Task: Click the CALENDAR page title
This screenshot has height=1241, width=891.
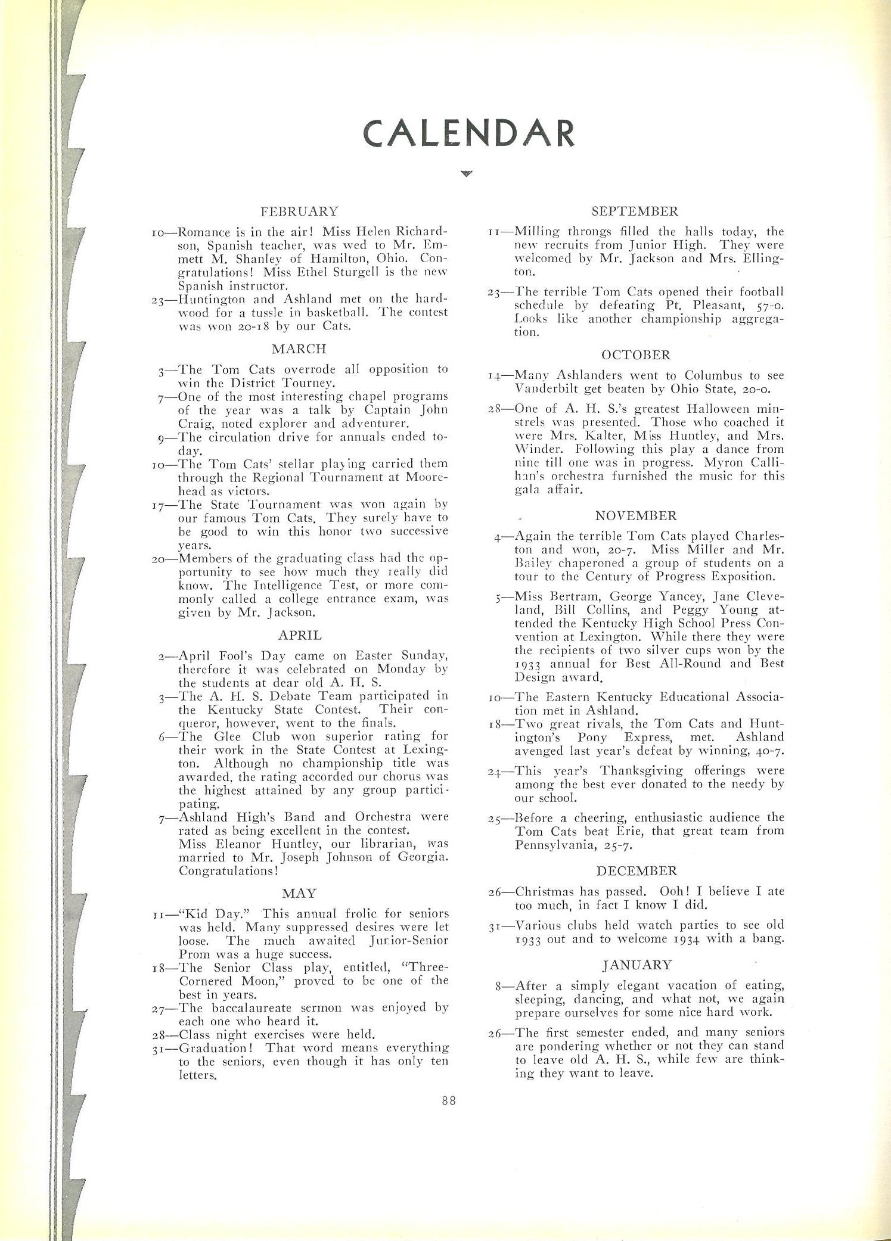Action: (x=469, y=133)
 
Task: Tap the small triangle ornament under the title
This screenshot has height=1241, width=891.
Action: (x=467, y=174)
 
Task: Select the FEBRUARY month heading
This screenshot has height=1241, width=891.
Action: (x=299, y=211)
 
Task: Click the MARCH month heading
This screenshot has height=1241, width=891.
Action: (x=299, y=349)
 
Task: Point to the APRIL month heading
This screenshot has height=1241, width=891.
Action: (x=300, y=635)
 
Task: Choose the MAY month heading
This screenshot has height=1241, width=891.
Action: (x=300, y=893)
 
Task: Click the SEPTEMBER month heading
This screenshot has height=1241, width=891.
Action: (x=635, y=211)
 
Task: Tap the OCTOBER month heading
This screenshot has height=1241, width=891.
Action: (x=636, y=355)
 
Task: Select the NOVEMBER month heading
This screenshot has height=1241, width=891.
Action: (x=635, y=515)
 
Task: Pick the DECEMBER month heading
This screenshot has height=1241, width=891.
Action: (x=637, y=871)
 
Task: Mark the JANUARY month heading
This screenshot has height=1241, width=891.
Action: (x=637, y=965)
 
